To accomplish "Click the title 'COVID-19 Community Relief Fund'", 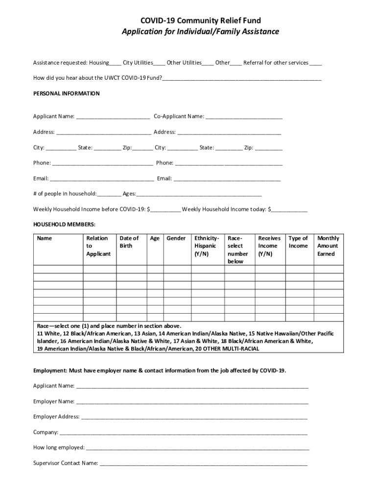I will click(200, 21).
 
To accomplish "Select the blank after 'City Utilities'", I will click(159, 63).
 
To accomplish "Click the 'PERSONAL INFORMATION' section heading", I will click(66, 93).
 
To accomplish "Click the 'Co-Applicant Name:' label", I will click(179, 116).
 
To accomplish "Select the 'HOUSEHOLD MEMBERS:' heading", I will click(64, 224).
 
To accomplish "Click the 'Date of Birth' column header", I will click(129, 242).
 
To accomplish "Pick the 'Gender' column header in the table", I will click(176, 238).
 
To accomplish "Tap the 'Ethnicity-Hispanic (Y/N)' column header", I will click(206, 246).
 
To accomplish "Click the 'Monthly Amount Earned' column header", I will click(327, 246).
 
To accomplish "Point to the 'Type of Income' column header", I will click(298, 242).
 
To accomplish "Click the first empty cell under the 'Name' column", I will click(58, 269).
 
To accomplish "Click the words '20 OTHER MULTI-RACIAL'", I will click(227, 349).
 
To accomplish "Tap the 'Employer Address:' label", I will click(56, 417).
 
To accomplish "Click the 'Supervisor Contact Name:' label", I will click(65, 463).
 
